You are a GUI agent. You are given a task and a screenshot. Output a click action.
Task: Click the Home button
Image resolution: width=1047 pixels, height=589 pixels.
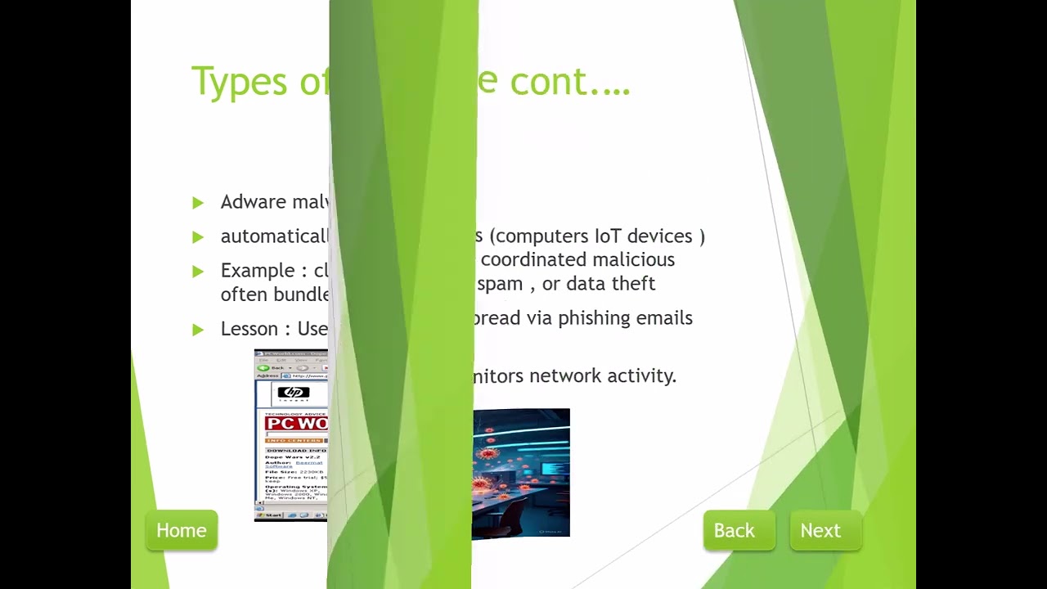pos(182,531)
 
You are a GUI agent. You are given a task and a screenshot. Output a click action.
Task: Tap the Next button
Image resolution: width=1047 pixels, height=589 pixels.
pos(820,531)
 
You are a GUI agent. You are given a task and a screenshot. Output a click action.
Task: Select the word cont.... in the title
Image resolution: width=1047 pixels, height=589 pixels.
pos(570,82)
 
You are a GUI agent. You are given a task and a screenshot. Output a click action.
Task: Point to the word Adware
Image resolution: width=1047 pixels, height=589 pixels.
pos(252,202)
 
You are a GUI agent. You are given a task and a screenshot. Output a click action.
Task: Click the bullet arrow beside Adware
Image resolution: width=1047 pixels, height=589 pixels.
pos(198,203)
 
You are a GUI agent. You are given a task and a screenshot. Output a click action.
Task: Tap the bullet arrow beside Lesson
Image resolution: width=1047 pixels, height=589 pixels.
pos(198,330)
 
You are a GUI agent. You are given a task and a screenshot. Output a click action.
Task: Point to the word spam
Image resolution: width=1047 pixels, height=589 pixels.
pos(499,284)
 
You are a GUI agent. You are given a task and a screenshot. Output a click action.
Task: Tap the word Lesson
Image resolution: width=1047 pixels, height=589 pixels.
pos(249,329)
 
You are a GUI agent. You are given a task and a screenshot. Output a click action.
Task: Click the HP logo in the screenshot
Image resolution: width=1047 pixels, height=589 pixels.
pos(294,393)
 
